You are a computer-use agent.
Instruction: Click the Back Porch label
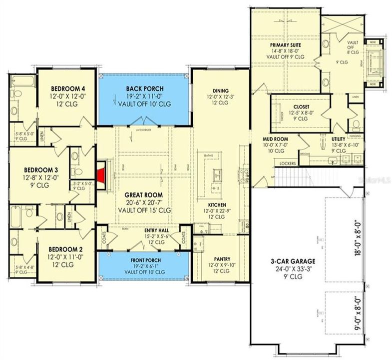(144, 89)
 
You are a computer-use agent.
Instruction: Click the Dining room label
(217, 90)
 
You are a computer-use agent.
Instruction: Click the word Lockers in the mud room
(288, 163)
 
